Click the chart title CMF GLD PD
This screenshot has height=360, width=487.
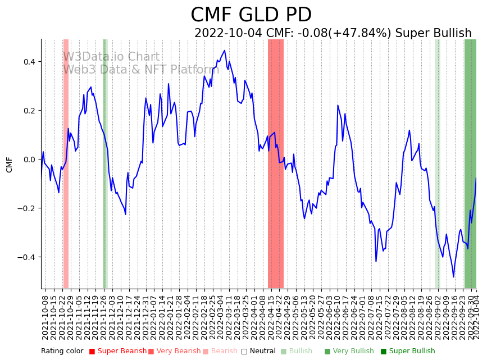[x=251, y=15]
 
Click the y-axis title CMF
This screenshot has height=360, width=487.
[x=9, y=164]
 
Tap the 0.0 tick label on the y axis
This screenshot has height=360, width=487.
[x=29, y=160]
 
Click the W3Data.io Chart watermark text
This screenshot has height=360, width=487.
[x=111, y=57]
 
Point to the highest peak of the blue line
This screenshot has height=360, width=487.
[x=225, y=51]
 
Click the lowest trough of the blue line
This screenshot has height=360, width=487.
[x=453, y=276]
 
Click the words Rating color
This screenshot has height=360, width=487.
[x=62, y=352]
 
